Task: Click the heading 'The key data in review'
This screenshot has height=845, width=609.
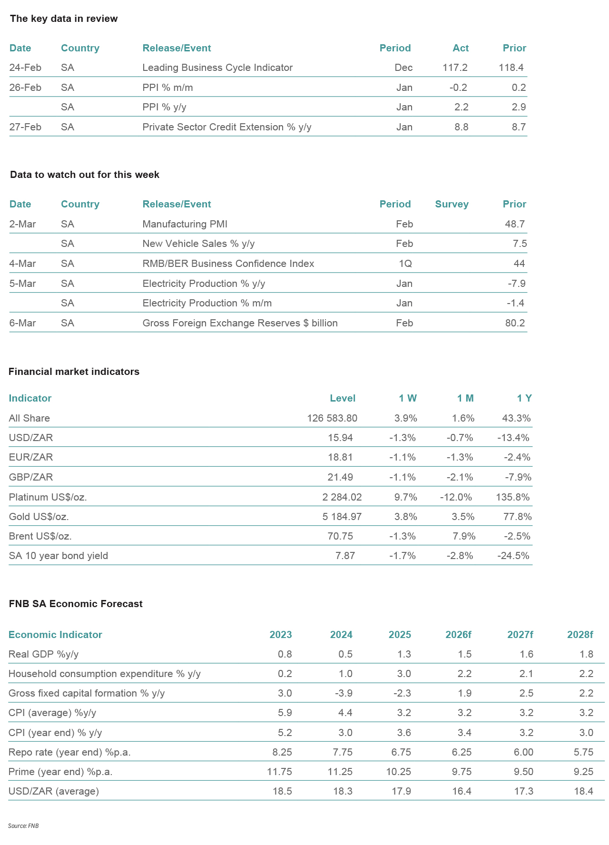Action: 64,19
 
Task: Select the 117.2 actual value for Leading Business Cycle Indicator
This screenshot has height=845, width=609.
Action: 455,68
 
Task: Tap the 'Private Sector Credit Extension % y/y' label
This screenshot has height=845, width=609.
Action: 227,127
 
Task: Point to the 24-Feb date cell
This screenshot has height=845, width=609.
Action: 25,68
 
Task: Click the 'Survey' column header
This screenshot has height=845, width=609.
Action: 452,204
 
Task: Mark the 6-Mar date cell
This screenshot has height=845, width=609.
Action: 23,323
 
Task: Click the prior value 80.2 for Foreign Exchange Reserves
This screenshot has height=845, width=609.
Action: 515,323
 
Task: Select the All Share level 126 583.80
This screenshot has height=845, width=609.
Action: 332,418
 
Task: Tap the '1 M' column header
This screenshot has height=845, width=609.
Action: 465,398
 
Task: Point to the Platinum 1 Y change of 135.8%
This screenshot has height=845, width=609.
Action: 512,497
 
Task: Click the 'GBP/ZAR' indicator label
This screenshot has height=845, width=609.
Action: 31,477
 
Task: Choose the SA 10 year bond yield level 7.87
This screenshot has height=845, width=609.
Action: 345,556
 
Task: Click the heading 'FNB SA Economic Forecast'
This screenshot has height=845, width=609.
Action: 76,604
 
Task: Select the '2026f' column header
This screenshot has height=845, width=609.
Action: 458,635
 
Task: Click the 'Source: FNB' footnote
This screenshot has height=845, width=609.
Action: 23,826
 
